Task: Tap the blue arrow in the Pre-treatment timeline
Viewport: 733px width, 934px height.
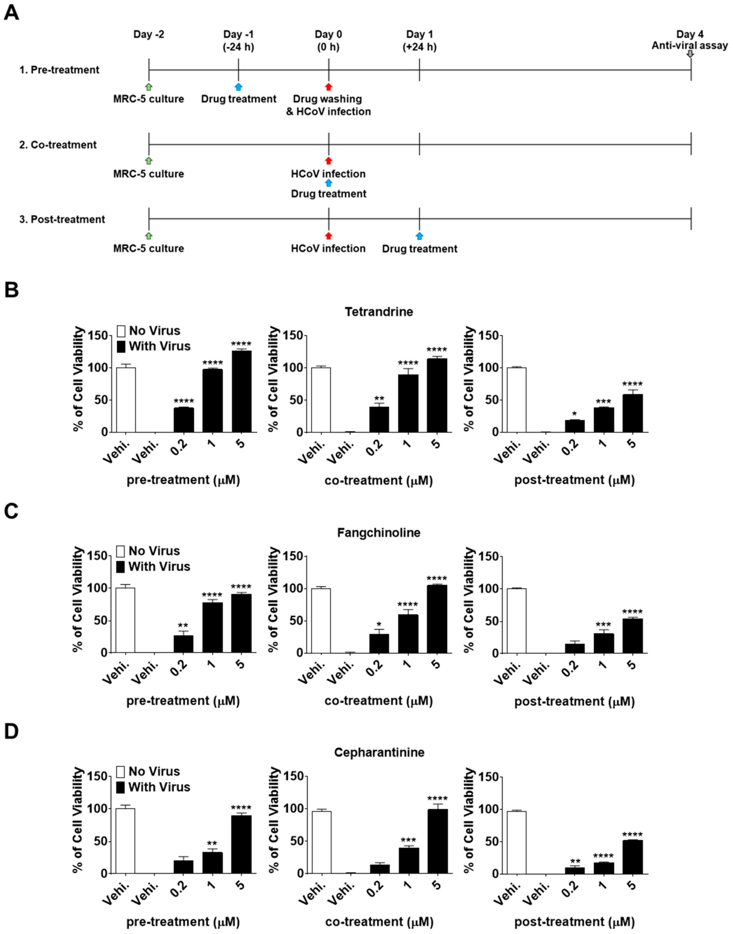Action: pos(239,87)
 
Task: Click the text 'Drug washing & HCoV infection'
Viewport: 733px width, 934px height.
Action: pos(328,105)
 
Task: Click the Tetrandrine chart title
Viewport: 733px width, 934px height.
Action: pos(379,311)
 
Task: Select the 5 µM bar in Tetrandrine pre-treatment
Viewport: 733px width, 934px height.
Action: pos(242,391)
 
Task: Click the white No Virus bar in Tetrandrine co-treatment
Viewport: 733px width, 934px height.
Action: pos(321,400)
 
